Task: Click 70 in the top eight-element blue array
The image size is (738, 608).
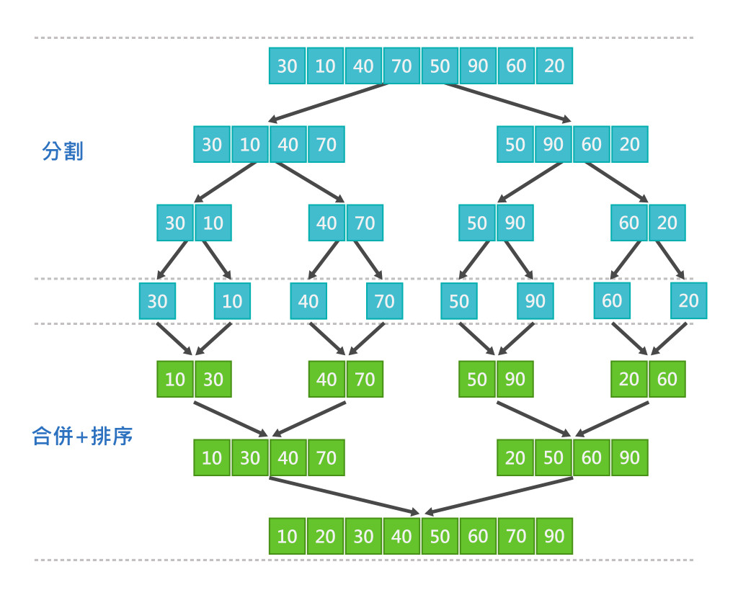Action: pyautogui.click(x=401, y=66)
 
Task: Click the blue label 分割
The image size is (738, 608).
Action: pyautogui.click(x=63, y=151)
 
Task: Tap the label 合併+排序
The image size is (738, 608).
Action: pyautogui.click(x=82, y=437)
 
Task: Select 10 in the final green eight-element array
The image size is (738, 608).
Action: pyautogui.click(x=287, y=536)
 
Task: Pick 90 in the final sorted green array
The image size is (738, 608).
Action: pyautogui.click(x=554, y=536)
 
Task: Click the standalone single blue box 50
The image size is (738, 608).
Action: pyautogui.click(x=459, y=301)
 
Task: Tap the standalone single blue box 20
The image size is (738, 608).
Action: pyautogui.click(x=688, y=300)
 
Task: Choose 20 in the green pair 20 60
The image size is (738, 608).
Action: pyautogui.click(x=629, y=380)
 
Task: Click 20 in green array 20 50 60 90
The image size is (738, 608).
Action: pyautogui.click(x=515, y=458)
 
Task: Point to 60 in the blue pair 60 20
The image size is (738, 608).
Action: pyautogui.click(x=629, y=223)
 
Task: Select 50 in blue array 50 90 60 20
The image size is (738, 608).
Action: pyautogui.click(x=515, y=145)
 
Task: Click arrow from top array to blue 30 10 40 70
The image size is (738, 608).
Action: pyautogui.click(x=328, y=102)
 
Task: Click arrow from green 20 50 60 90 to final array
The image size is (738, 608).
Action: pyautogui.click(x=499, y=496)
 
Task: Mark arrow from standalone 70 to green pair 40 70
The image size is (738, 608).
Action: pyautogui.click(x=367, y=339)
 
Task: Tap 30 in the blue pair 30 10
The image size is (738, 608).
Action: pyautogui.click(x=175, y=223)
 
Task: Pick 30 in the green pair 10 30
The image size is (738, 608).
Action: pyautogui.click(x=213, y=380)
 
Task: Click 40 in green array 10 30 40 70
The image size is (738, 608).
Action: pyautogui.click(x=288, y=458)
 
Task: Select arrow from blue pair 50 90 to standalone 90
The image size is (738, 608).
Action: pyautogui.click(x=519, y=260)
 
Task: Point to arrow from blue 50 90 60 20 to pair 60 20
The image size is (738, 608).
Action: pyautogui.click(x=617, y=182)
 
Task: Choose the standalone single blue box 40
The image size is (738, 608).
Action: pyautogui.click(x=308, y=301)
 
